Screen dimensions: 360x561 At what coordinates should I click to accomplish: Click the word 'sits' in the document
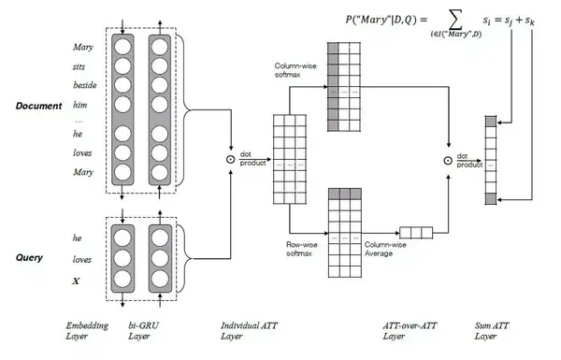[x=80, y=66]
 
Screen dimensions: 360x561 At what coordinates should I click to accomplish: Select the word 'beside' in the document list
[x=84, y=84]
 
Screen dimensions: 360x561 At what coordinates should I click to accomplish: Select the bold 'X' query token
[x=78, y=280]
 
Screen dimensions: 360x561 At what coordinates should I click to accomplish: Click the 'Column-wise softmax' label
[x=294, y=71]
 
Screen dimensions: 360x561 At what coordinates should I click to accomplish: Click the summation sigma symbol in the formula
[x=438, y=20]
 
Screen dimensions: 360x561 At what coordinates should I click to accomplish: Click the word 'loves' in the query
[x=82, y=259]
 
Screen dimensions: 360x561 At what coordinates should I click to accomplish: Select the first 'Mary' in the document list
[x=83, y=47]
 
